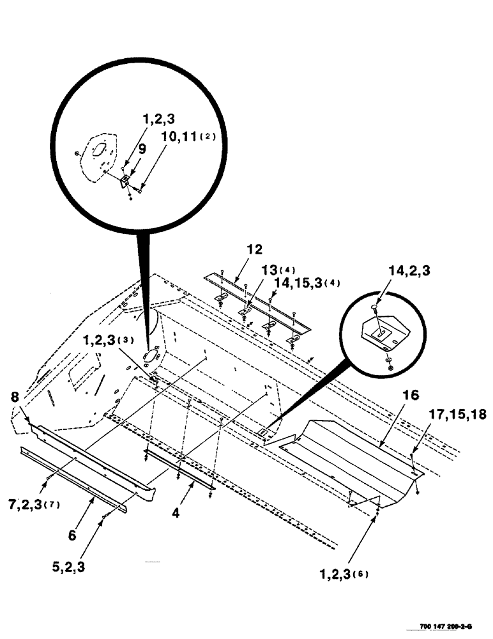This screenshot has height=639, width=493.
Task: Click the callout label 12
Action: [x=255, y=249]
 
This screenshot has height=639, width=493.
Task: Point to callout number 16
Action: [x=411, y=396]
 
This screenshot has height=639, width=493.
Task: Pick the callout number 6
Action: [x=72, y=535]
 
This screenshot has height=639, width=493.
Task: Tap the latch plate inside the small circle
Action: [x=382, y=334]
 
